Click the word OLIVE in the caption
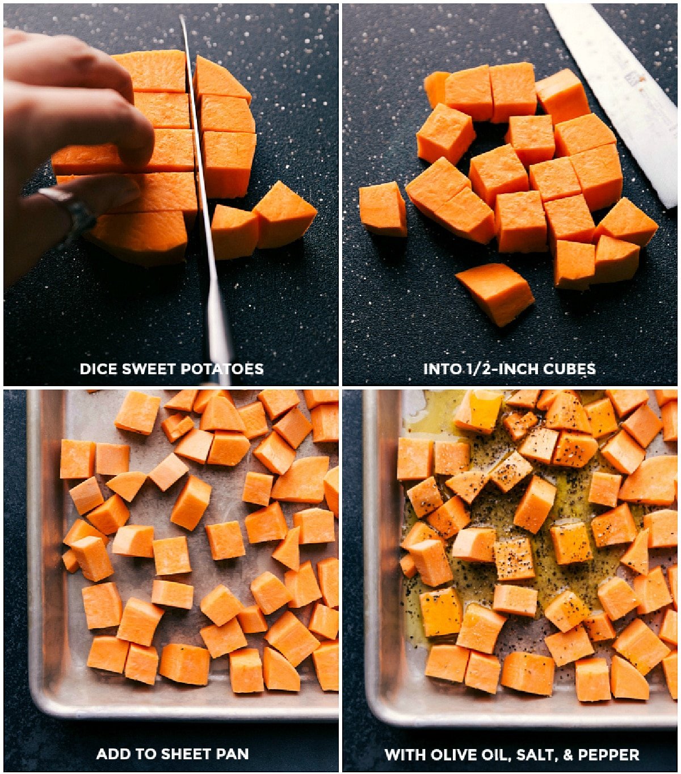(454, 755)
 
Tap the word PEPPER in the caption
(609, 755)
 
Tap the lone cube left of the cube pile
(382, 208)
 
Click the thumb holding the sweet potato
(91, 193)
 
